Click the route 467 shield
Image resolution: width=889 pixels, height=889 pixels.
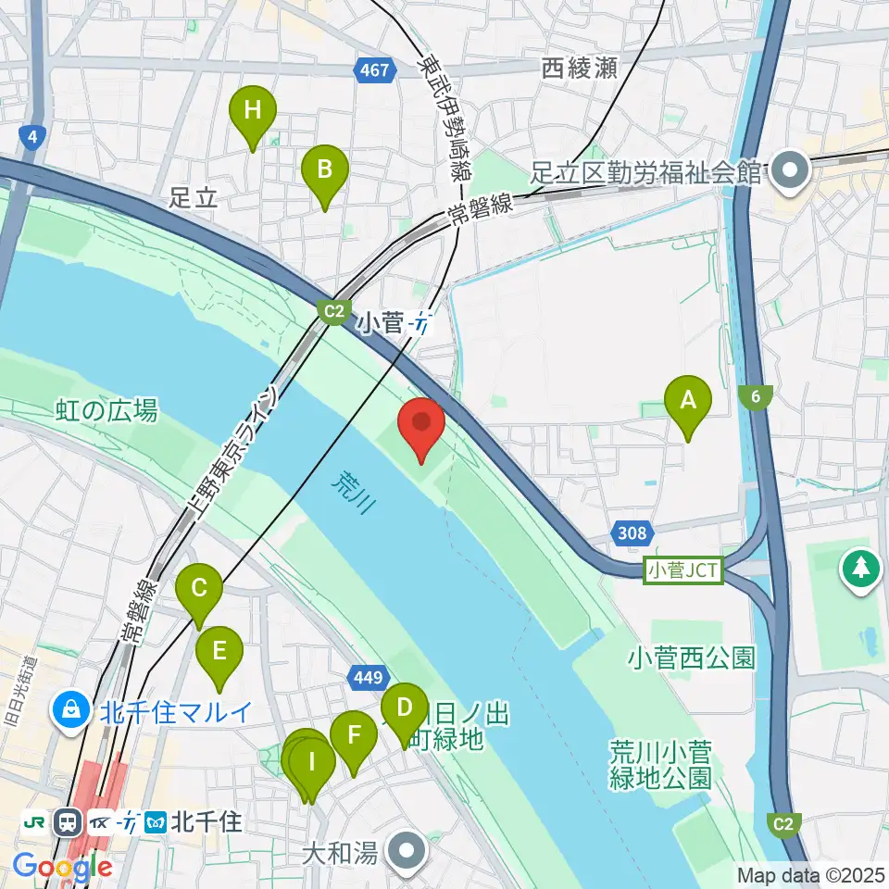375,70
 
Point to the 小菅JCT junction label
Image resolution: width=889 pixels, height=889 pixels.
684,570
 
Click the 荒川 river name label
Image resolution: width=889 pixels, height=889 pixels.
353,492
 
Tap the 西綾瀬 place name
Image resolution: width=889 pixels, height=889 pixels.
580,68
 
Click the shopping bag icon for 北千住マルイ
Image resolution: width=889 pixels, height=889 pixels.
70,711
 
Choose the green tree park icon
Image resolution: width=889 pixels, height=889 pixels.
862,568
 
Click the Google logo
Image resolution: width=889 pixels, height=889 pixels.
63,868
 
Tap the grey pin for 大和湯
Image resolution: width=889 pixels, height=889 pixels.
407,851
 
